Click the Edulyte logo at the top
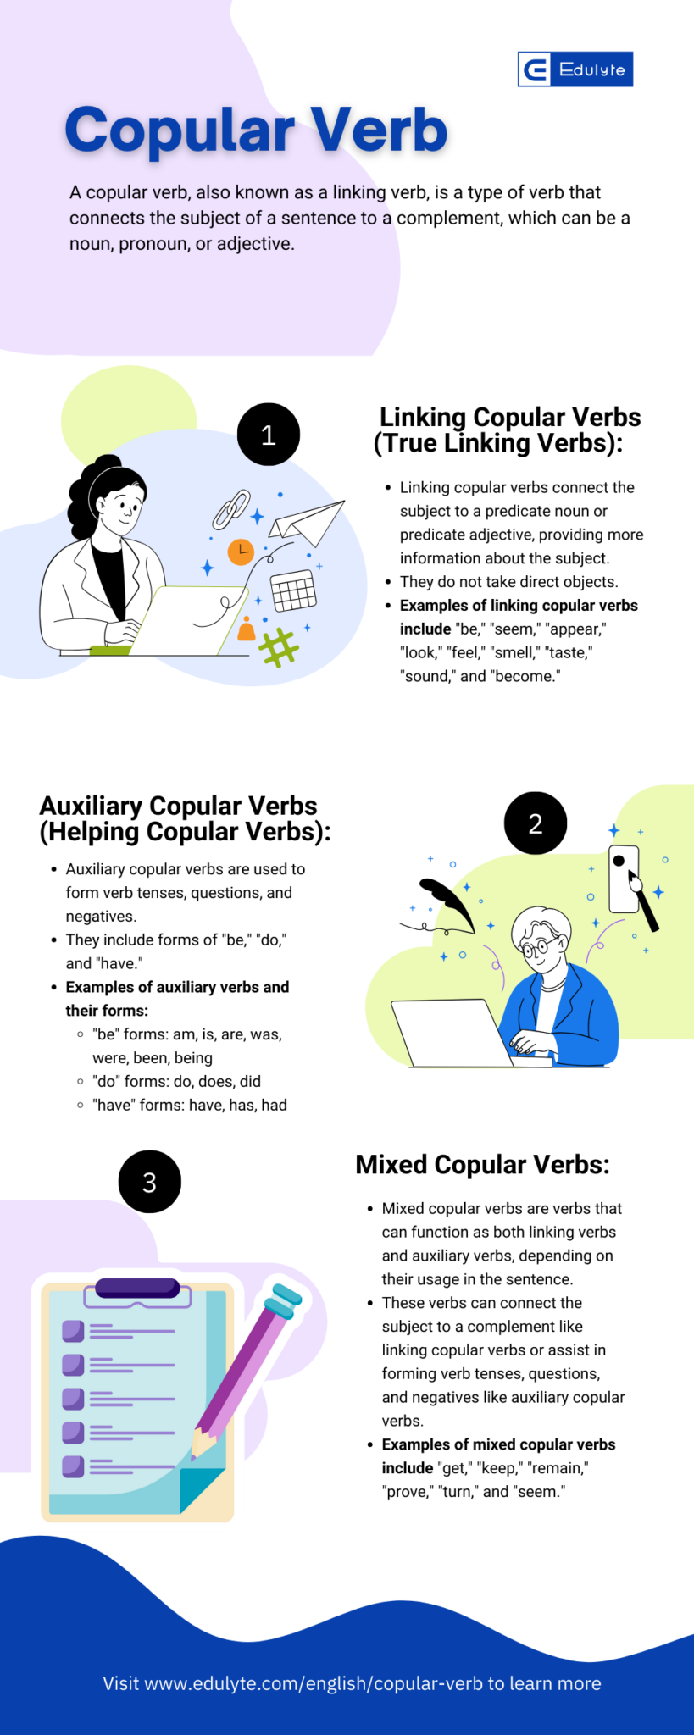pos(575,69)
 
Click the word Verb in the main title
pos(378,131)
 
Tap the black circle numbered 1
pos(268,435)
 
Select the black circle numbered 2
pos(535,823)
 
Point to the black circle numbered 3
pos(149,1182)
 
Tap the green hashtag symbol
pos(279,648)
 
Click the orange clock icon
pos(241,552)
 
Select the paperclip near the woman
pos(231,509)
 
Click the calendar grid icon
pos(293,590)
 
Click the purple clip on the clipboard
pos(137,1289)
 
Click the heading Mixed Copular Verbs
pos(482,1165)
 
